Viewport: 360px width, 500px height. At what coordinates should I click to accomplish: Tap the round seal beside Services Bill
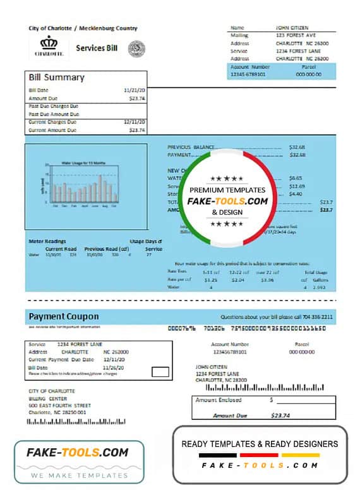[136, 49]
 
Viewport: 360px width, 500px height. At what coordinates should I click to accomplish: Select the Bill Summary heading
[56, 78]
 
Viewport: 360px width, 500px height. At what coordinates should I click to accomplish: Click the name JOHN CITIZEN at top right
[291, 28]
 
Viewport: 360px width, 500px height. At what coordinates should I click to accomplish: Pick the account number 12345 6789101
[249, 74]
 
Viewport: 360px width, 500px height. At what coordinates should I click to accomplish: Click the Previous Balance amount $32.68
[297, 146]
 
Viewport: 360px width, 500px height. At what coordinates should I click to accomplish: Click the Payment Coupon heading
[63, 316]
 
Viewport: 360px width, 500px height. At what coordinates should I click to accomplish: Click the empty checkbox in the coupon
[161, 372]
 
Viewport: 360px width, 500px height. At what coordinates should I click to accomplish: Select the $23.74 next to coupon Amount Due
[280, 415]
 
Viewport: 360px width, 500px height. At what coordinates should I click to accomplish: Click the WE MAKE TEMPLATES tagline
[79, 474]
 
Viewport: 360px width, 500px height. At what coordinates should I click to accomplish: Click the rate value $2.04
[237, 279]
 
